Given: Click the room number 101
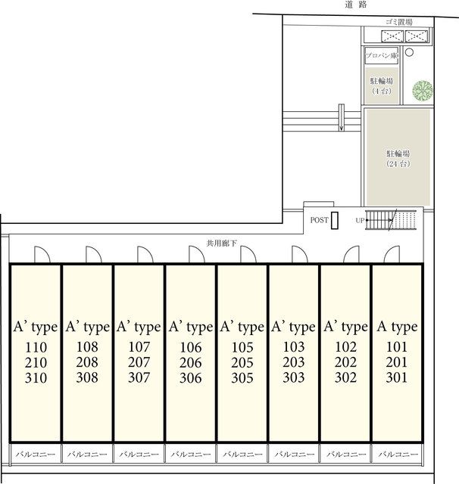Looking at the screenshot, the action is (397, 347).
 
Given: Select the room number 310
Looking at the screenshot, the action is (36, 378).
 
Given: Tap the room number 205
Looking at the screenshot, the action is (242, 362).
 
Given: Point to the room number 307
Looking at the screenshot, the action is (139, 377).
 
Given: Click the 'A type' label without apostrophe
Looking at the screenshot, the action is (397, 327).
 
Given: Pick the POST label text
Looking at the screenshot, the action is (319, 220).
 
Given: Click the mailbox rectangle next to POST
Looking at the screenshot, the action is (335, 220).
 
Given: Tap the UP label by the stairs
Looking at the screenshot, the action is (360, 220).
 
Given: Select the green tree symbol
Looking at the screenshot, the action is (423, 90).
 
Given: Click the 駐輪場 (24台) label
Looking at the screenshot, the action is (398, 158).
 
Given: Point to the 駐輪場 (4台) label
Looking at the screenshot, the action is (382, 85).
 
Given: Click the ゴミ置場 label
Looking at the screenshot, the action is (398, 22).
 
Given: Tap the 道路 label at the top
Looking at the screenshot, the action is (355, 5).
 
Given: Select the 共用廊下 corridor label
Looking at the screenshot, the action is (221, 244).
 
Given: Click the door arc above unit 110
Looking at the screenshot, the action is (42, 254).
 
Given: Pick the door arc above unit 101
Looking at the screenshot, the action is (392, 254).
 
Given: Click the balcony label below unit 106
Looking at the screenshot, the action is (191, 454).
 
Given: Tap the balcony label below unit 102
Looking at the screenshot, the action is (346, 454).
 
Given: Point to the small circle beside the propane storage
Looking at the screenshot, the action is (409, 52).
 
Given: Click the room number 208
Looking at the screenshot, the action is (87, 362).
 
